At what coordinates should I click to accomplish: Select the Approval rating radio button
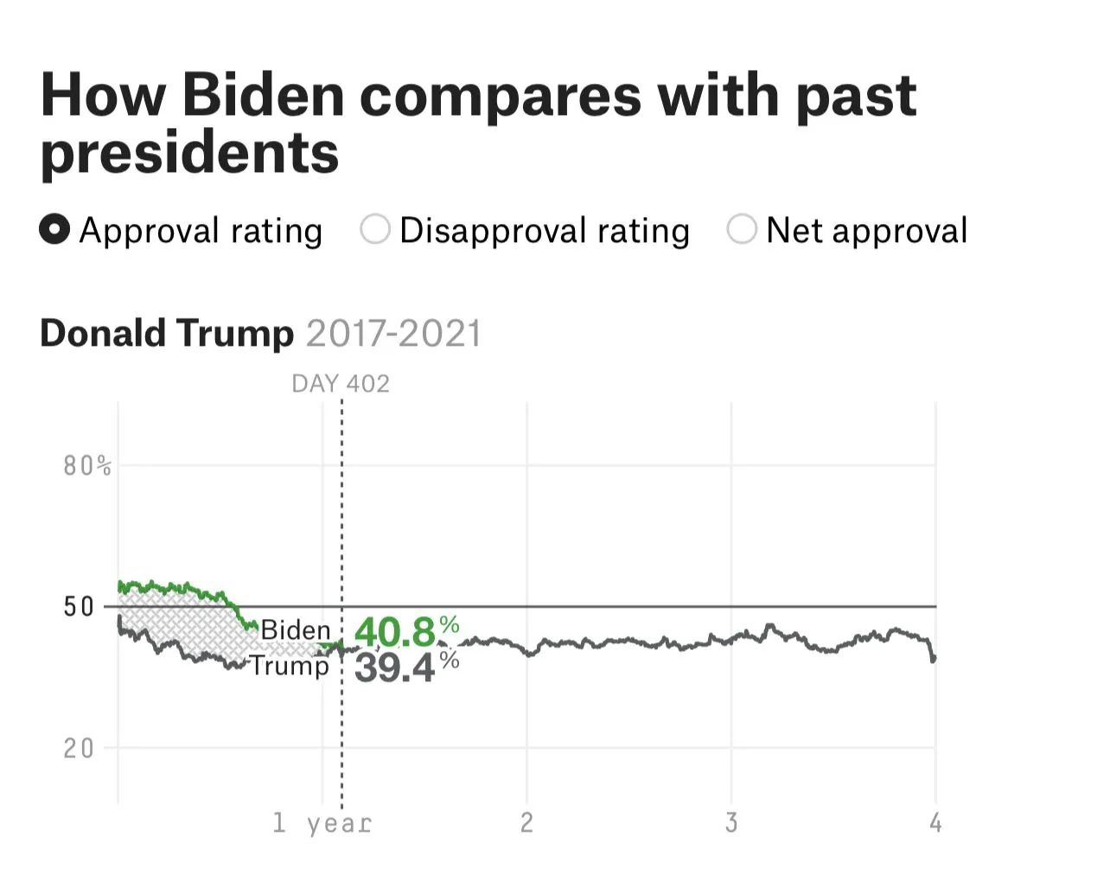click(x=54, y=230)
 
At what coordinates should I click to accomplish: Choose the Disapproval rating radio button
click(x=375, y=230)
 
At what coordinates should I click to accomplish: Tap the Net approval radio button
click(x=742, y=230)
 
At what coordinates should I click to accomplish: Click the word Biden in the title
click(x=263, y=95)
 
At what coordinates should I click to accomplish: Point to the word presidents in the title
click(x=189, y=153)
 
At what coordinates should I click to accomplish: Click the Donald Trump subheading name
click(x=167, y=334)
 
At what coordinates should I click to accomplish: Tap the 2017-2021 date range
click(x=393, y=334)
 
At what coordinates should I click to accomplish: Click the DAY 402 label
click(x=341, y=384)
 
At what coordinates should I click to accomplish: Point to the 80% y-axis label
click(x=87, y=466)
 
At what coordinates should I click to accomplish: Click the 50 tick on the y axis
click(x=79, y=607)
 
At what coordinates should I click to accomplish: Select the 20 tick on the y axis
click(x=79, y=748)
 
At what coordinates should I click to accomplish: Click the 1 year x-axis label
click(x=322, y=823)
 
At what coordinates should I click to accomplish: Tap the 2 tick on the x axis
click(x=526, y=822)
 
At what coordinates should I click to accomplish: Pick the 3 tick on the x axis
click(x=731, y=822)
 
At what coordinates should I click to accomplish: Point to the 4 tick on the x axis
click(x=935, y=822)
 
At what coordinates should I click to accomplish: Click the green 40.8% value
click(x=405, y=632)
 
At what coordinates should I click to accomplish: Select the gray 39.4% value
click(x=405, y=667)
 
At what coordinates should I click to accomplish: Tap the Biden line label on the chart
click(x=296, y=630)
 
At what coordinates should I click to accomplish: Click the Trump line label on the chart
click(x=290, y=666)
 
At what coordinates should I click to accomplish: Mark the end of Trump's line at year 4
click(x=934, y=659)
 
